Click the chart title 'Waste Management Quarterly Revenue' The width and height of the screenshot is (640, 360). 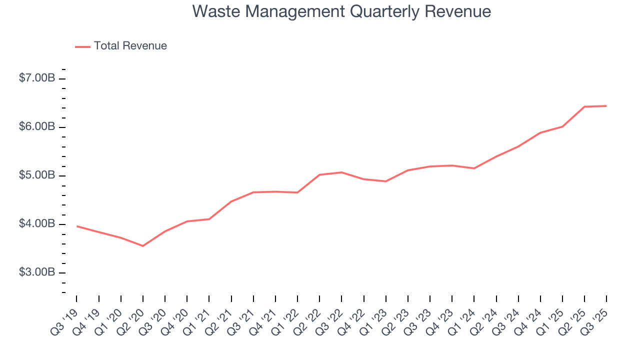pos(341,11)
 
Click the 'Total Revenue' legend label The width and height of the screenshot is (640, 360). pos(130,46)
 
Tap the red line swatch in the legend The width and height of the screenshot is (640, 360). pos(82,46)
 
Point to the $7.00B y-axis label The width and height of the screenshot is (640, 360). pos(37,78)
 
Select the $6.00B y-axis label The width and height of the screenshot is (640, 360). pos(37,127)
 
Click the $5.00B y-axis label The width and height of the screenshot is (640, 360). pos(37,175)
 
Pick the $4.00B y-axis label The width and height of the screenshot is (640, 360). pos(37,224)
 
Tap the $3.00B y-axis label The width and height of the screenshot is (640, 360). pos(37,272)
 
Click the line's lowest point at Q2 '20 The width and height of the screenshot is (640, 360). pos(143,246)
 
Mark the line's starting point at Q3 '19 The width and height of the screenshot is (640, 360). pos(77,226)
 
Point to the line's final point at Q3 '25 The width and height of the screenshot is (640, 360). pos(606,106)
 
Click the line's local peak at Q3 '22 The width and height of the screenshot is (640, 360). pos(341,172)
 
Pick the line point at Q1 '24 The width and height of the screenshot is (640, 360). pos(474,168)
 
